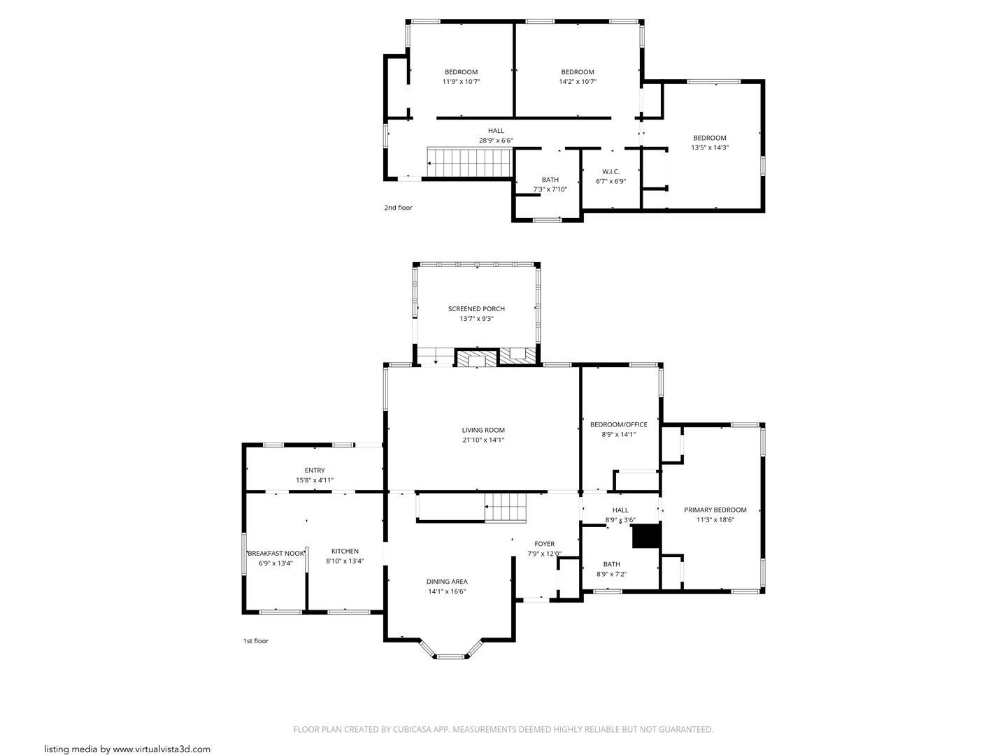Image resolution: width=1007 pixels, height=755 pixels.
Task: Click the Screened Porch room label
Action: click(476, 309)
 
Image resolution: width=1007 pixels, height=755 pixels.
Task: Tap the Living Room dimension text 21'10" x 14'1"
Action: click(483, 440)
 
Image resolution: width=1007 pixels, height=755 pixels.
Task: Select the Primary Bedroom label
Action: click(715, 510)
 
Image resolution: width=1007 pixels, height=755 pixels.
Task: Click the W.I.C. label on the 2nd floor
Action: click(610, 172)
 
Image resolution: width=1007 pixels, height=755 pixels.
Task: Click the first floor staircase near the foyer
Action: click(505, 507)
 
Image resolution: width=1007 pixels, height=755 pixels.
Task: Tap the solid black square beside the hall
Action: click(646, 536)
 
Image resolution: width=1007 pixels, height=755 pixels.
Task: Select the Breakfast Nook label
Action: click(276, 554)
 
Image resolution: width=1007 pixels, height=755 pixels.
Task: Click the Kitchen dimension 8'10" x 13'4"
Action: click(345, 561)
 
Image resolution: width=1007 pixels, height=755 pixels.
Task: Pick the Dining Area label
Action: click(447, 582)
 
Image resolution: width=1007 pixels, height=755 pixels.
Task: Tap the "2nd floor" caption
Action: click(398, 208)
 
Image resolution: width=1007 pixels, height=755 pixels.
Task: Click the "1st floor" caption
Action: click(255, 641)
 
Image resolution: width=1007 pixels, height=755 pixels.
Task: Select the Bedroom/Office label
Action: click(618, 425)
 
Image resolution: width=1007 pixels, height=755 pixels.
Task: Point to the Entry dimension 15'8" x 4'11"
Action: click(315, 480)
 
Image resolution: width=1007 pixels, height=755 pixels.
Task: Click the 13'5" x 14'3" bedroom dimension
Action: click(709, 148)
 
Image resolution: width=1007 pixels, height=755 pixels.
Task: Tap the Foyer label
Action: click(544, 544)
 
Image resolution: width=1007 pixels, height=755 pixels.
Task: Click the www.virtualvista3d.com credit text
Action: click(161, 749)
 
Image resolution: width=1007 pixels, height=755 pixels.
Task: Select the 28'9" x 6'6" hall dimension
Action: click(496, 141)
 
